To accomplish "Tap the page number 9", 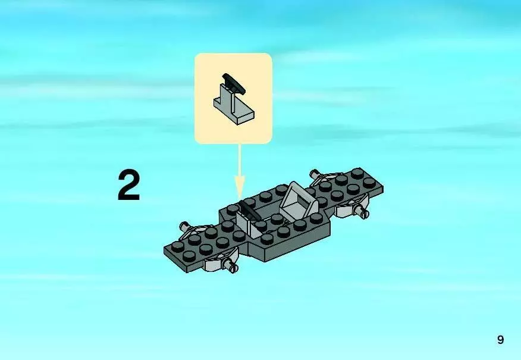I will (500, 340).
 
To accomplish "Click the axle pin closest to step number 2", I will (184, 227).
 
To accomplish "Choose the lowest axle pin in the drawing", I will (233, 269).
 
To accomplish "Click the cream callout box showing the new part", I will (234, 98).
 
